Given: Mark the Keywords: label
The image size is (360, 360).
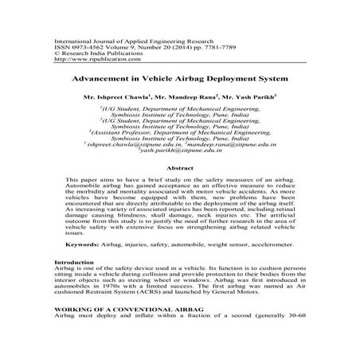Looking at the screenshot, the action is [81, 245].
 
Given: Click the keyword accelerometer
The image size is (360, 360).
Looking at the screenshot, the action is [275, 245].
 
